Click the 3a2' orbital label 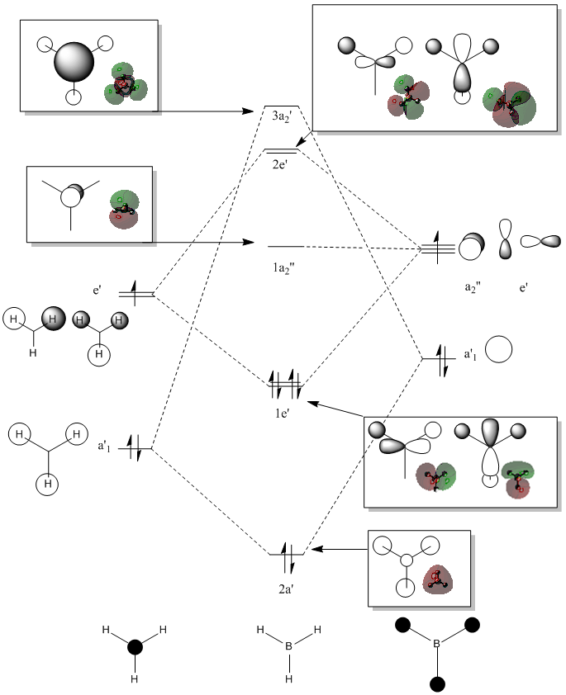282,117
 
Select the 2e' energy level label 280,164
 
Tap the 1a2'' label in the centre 284,268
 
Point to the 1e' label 282,414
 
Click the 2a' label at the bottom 286,589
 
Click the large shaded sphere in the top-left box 74,62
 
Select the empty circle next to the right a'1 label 498,349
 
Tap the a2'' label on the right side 473,288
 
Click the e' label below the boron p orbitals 524,288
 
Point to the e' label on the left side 98,291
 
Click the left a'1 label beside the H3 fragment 104,446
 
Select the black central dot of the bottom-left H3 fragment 135,647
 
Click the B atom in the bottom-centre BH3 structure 288,646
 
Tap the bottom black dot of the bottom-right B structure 437,684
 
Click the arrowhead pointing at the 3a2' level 248,111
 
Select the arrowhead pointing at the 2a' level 316,549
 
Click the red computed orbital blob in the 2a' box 437,579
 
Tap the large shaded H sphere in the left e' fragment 53,319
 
